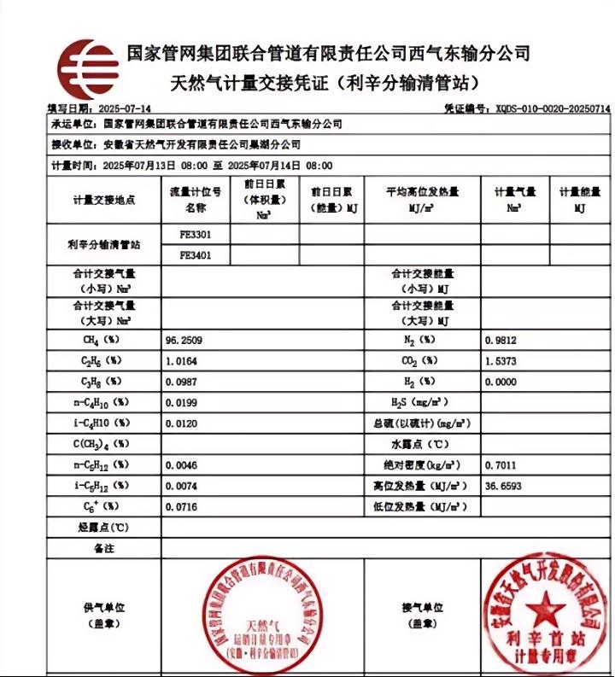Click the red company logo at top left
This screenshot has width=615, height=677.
click(87, 69)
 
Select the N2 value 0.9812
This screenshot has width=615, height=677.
click(501, 340)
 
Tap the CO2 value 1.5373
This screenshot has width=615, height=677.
click(501, 361)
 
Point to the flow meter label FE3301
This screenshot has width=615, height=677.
click(196, 233)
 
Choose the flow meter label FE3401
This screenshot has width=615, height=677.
click(196, 254)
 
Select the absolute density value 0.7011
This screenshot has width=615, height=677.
click(501, 465)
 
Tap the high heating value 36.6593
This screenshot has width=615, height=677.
click(503, 486)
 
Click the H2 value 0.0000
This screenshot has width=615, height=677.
click(501, 382)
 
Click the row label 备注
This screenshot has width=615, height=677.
click(103, 548)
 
